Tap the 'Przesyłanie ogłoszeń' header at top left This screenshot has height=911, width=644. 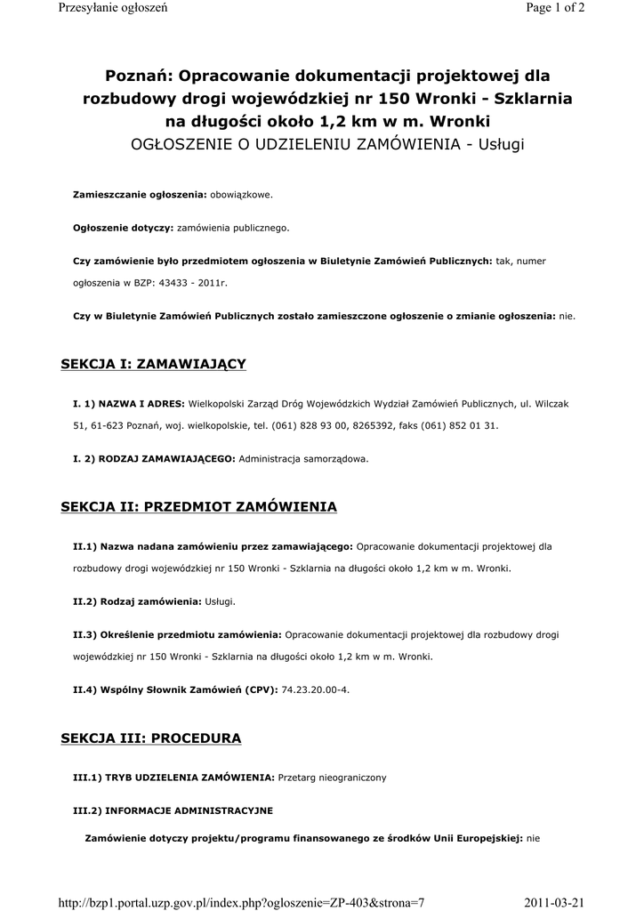tap(112, 8)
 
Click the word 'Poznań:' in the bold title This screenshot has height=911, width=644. tap(140, 77)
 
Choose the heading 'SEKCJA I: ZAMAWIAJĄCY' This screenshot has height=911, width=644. tap(153, 364)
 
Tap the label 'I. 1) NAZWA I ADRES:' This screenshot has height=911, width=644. tap(129, 404)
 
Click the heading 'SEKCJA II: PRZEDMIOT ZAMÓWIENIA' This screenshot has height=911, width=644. tap(198, 507)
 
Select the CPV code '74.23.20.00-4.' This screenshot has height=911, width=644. tap(317, 689)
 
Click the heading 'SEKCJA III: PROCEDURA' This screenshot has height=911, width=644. tap(150, 738)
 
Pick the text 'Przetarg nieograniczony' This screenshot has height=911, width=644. tap(332, 778)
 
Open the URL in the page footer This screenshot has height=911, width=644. tap(241, 902)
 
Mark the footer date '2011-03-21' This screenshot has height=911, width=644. tap(555, 902)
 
